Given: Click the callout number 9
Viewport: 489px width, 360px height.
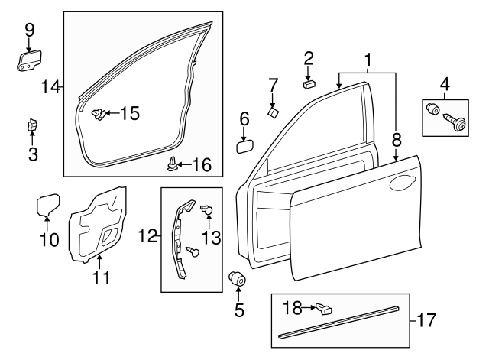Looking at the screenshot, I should (30, 30).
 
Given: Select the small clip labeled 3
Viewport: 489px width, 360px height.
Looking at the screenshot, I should (33, 125).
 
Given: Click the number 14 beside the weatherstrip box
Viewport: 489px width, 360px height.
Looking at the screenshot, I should (50, 87).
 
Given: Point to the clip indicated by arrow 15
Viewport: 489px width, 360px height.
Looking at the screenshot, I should (96, 115).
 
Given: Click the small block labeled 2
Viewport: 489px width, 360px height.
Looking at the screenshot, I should (309, 83).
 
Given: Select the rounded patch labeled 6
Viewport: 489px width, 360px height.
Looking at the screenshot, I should (245, 145).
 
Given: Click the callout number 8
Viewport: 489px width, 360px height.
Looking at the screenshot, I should (397, 140).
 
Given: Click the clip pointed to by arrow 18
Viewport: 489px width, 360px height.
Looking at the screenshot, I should (324, 310).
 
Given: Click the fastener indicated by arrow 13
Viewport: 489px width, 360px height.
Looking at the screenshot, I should (206, 210).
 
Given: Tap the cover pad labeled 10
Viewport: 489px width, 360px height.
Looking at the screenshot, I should (48, 206).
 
